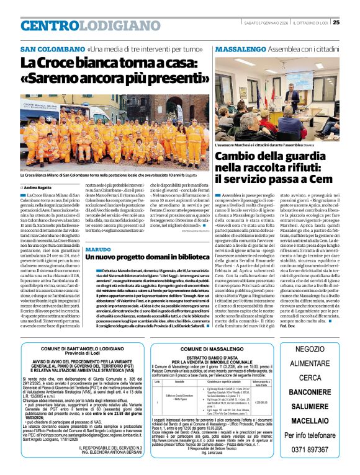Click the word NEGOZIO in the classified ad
(319, 349)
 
